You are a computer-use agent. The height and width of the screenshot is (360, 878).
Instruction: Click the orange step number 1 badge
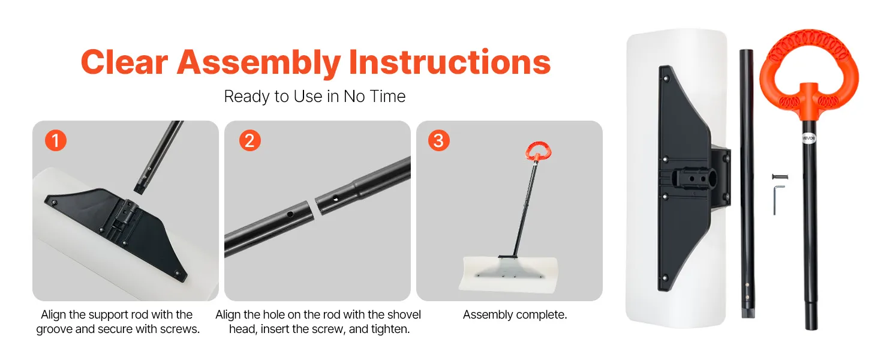56,140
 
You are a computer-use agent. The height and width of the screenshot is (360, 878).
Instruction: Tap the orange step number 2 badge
249,140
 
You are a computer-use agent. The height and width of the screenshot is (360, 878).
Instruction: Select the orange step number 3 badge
438,140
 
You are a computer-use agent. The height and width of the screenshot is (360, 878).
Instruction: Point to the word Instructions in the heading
450,62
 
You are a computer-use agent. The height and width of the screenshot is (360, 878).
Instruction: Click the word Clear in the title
124,62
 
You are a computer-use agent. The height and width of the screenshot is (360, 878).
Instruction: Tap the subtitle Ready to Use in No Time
314,97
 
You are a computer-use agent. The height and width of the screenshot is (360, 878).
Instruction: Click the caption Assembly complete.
515,314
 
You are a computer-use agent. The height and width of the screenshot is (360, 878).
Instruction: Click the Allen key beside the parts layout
778,199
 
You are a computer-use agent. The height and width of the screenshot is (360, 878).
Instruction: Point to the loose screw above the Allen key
780,177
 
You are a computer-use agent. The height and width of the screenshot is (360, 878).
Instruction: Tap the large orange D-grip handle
808,73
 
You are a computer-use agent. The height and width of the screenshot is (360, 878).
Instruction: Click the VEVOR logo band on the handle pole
808,139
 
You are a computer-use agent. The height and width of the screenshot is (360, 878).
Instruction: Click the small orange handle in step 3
538,151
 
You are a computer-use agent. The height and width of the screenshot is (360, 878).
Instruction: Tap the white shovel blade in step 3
509,274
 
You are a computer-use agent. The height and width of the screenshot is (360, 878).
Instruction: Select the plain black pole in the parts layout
747,183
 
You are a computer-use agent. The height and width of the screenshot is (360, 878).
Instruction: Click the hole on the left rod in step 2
290,215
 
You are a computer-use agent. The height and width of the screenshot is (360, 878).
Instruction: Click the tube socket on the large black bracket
692,179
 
